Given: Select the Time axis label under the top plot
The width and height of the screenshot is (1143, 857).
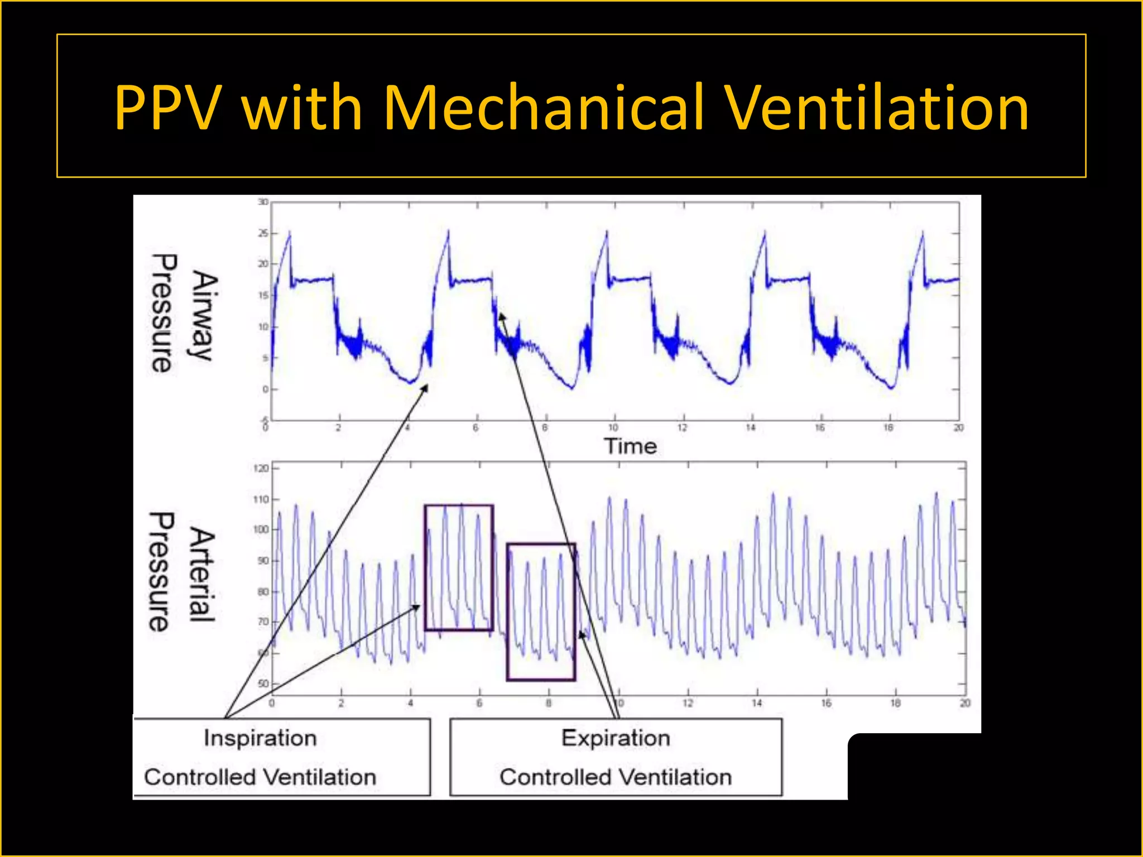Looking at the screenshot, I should point(630,446).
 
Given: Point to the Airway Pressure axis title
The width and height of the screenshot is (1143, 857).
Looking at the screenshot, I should point(184,314).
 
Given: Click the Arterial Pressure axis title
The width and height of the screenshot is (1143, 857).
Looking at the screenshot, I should point(181,572).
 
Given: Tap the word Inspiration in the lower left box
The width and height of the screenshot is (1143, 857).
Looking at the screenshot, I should point(260,738).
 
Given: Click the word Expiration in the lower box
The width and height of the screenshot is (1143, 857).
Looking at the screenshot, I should point(616,738).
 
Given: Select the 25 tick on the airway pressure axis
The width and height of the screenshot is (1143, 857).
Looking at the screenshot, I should point(263,233).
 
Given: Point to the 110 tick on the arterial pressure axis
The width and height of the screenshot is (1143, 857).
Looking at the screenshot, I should point(261,499).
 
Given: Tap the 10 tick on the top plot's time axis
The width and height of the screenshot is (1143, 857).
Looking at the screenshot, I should point(613,428).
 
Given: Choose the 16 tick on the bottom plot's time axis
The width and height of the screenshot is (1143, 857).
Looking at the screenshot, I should point(826,703).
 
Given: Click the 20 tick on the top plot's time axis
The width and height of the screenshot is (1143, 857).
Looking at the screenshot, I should point(958,428).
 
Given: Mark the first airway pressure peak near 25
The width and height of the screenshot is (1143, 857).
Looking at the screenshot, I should point(289,232).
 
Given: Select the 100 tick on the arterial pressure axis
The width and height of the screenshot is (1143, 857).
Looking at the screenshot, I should point(261,529).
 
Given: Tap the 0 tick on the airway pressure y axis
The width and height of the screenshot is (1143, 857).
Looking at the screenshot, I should point(266,389).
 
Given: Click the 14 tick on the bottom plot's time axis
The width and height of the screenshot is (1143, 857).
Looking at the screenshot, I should point(757,703).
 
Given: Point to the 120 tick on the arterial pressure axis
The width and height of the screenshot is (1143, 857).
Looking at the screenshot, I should point(261,468).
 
